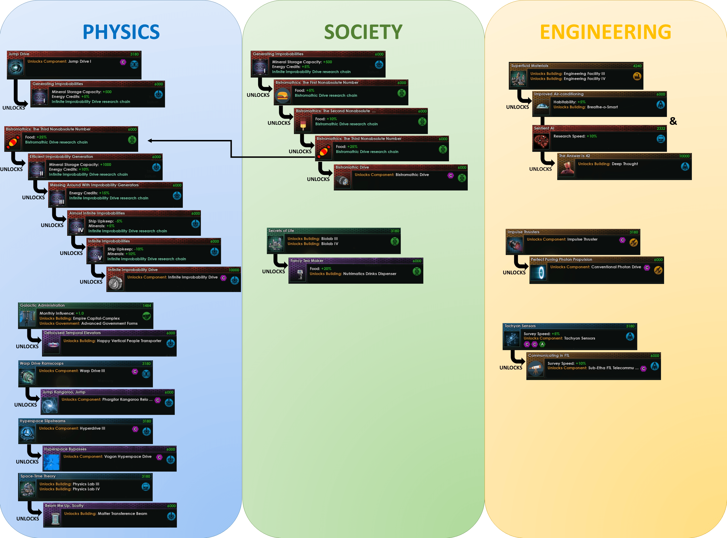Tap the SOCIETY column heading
[x=363, y=32]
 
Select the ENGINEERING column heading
[x=605, y=32]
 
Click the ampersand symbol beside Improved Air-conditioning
[x=673, y=121]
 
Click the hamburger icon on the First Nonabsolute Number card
[x=283, y=96]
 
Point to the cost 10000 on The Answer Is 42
[x=684, y=156]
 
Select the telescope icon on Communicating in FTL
[x=535, y=370]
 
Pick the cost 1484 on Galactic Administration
[x=147, y=306]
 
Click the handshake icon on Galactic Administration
[x=147, y=316]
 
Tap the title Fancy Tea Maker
[x=307, y=260]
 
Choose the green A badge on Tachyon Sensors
[x=542, y=344]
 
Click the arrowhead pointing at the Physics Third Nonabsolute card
[x=150, y=141]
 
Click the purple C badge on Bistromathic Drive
[x=451, y=176]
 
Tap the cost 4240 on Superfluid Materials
[x=637, y=66]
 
